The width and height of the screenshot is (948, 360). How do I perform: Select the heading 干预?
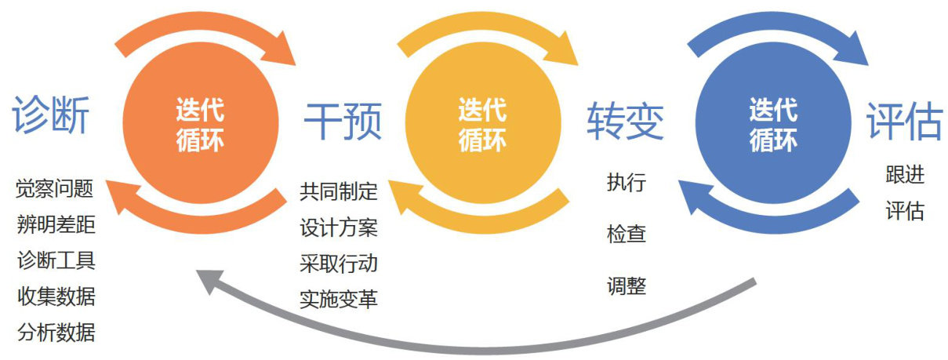point(343,121)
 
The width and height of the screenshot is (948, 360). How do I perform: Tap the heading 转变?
point(625,121)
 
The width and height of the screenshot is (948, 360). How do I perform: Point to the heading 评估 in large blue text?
point(903,121)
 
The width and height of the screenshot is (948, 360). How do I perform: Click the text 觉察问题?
point(56,189)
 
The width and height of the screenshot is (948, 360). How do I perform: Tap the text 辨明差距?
point(56,225)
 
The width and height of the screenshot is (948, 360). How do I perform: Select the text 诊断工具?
point(56,261)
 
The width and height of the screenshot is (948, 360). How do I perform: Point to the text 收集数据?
point(56,296)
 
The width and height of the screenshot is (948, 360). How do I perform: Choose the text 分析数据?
point(56,333)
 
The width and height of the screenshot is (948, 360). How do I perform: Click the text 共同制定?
point(339,191)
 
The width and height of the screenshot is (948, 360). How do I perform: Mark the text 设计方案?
point(339,227)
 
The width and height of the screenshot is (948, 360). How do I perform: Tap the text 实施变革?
point(339,299)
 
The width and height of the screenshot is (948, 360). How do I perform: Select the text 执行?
point(626,183)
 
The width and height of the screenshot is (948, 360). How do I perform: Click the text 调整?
point(626,285)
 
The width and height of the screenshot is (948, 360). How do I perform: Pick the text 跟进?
point(905,174)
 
